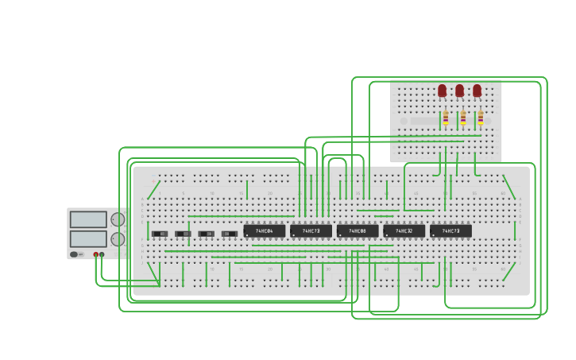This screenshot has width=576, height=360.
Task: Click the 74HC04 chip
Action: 265,230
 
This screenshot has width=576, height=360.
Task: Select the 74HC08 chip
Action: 358,230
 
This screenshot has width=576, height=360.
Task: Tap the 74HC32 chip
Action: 404,230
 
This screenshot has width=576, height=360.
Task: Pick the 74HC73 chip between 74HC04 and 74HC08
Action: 311,230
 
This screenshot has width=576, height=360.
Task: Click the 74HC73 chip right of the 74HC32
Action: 450,230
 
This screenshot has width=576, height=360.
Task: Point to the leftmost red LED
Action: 443,91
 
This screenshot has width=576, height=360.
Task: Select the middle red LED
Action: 460,91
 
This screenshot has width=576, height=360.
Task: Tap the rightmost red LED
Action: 477,91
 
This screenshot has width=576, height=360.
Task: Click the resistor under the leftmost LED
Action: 446,118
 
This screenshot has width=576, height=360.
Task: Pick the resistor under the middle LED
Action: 463,118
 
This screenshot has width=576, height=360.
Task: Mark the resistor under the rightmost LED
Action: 481,118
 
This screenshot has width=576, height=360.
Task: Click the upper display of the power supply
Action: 88,219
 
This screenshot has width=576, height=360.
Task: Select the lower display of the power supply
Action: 88,238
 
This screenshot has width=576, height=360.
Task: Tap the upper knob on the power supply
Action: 118,219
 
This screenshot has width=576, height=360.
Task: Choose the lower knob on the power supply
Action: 118,238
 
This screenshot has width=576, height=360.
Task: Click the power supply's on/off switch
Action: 74,254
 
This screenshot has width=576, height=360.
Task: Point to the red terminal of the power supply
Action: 96,254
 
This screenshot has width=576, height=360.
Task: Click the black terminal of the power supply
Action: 102,254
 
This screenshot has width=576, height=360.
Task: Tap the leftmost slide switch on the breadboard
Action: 160,234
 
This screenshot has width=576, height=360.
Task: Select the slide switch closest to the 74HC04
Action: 230,234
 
